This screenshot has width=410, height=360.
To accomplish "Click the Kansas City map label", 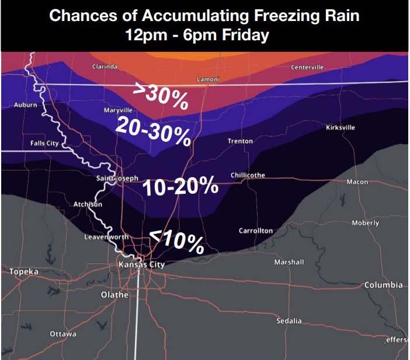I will pos(141,264).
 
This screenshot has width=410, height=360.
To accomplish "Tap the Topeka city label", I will pos(23,272).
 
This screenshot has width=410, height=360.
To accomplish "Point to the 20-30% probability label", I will pos(153,131).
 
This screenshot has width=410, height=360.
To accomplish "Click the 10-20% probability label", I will pos(180,187).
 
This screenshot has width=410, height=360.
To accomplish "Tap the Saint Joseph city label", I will pos(117,178).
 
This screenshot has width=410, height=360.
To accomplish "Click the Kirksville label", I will pos(340,128).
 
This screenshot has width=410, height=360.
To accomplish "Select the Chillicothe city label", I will pos(248,175).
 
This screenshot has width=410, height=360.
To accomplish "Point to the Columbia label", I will pos(383,285).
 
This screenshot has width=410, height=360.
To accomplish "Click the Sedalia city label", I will pos(290,321).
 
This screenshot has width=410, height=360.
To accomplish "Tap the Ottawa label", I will pos(63,334).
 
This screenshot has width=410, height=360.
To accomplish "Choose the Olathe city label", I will pos(114,295).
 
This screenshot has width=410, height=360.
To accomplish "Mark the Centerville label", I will pos(307,67).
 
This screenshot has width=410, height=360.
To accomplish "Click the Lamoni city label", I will pos(208,79).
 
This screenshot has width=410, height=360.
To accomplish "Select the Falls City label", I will pos(44,143).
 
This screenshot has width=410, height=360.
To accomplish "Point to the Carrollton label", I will pos(256,231).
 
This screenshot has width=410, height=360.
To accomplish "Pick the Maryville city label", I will pos(118,110).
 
